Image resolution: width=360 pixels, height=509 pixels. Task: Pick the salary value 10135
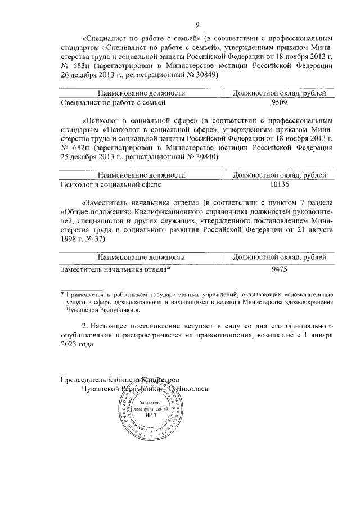click(x=279, y=184)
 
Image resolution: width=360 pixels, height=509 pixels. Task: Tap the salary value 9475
click(x=279, y=269)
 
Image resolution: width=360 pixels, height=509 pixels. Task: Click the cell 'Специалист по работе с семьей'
click(x=112, y=103)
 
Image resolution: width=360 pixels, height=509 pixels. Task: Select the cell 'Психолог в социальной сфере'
click(x=110, y=184)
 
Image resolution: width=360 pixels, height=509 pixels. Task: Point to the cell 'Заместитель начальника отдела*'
click(x=115, y=269)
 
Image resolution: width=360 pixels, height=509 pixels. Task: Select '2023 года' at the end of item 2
click(x=78, y=345)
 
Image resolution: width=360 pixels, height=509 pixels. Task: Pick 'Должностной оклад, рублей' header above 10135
click(x=279, y=175)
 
